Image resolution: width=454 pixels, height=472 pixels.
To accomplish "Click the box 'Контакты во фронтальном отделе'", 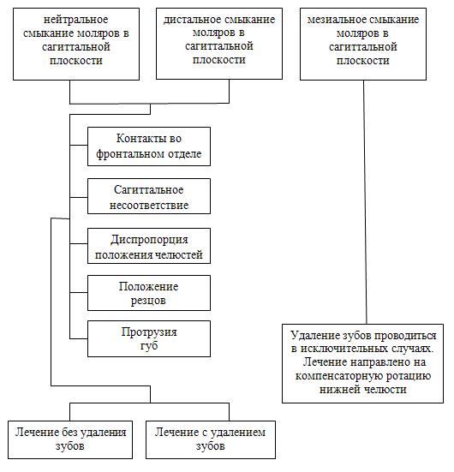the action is [x=149, y=146].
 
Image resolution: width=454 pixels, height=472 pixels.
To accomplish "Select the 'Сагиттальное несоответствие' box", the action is [x=149, y=196].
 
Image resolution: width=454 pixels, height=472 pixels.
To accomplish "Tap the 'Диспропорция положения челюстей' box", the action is [x=149, y=246].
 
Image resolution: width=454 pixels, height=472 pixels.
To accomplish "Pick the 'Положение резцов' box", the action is [x=149, y=293].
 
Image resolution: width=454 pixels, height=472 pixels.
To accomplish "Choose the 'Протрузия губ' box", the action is [x=149, y=338].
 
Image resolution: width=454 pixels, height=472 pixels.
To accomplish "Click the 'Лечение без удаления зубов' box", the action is [x=70, y=439].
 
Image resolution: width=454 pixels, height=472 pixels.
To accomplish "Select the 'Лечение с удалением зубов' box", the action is [x=211, y=439].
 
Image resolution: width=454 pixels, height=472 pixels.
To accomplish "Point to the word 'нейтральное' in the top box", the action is [x=76, y=20].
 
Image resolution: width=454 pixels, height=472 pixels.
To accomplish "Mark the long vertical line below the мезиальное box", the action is [x=365, y=202].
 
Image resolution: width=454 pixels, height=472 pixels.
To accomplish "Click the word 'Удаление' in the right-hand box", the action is [x=312, y=335].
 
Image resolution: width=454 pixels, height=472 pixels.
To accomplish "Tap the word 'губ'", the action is [x=149, y=345].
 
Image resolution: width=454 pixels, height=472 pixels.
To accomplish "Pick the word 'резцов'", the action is [x=148, y=301].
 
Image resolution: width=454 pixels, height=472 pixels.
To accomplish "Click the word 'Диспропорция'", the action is [x=149, y=240].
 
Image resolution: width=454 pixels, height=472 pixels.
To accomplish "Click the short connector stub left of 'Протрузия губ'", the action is [x=79, y=338].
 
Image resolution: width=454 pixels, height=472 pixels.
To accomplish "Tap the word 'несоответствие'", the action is [x=149, y=206].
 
